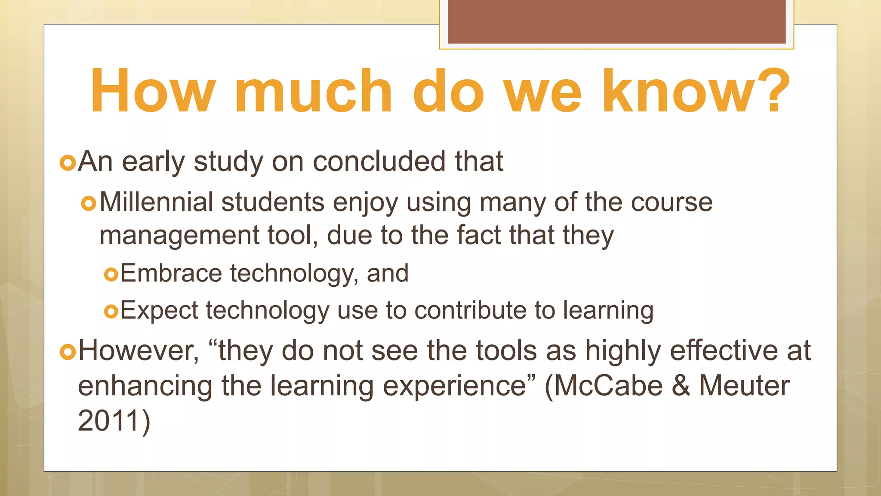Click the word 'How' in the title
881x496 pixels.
153,91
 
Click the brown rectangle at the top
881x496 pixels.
616,22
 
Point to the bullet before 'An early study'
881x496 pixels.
68,163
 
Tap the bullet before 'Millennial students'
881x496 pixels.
89,203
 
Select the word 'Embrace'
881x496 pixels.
171,273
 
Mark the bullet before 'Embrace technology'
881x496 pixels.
111,274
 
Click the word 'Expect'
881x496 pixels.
159,310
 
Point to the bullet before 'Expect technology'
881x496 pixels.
111,311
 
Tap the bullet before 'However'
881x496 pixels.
68,352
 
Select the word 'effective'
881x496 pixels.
724,350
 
